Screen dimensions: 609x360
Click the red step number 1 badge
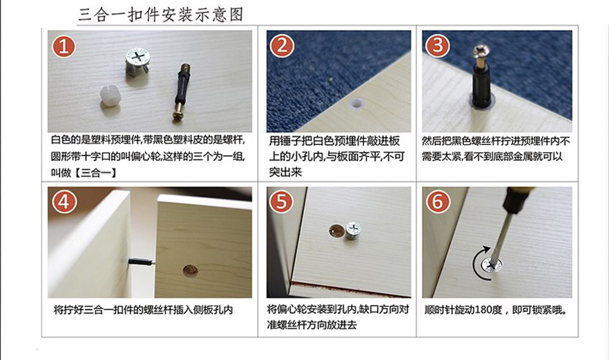click(x=64, y=46)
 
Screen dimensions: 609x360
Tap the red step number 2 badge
click(x=282, y=46)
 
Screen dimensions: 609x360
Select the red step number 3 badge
click(x=438, y=45)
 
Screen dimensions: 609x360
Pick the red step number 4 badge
click(x=64, y=202)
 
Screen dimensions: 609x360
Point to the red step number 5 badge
click(x=282, y=202)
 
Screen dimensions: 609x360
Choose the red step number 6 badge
click(x=438, y=202)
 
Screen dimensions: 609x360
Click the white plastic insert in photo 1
click(x=109, y=95)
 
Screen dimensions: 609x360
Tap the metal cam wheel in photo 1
click(x=138, y=61)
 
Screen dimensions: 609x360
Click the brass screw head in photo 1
click(x=178, y=115)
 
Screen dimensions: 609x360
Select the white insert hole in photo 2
click(x=356, y=104)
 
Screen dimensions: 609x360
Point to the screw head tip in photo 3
click(x=480, y=50)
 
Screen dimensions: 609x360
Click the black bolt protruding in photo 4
click(x=141, y=262)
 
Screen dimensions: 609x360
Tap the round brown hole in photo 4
click(x=190, y=271)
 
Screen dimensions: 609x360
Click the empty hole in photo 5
click(x=336, y=230)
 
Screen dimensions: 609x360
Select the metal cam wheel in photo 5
click(x=354, y=230)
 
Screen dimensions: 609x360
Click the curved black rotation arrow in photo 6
click(x=476, y=262)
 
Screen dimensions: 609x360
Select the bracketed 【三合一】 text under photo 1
click(x=95, y=173)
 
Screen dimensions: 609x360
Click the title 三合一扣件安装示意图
click(x=160, y=15)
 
